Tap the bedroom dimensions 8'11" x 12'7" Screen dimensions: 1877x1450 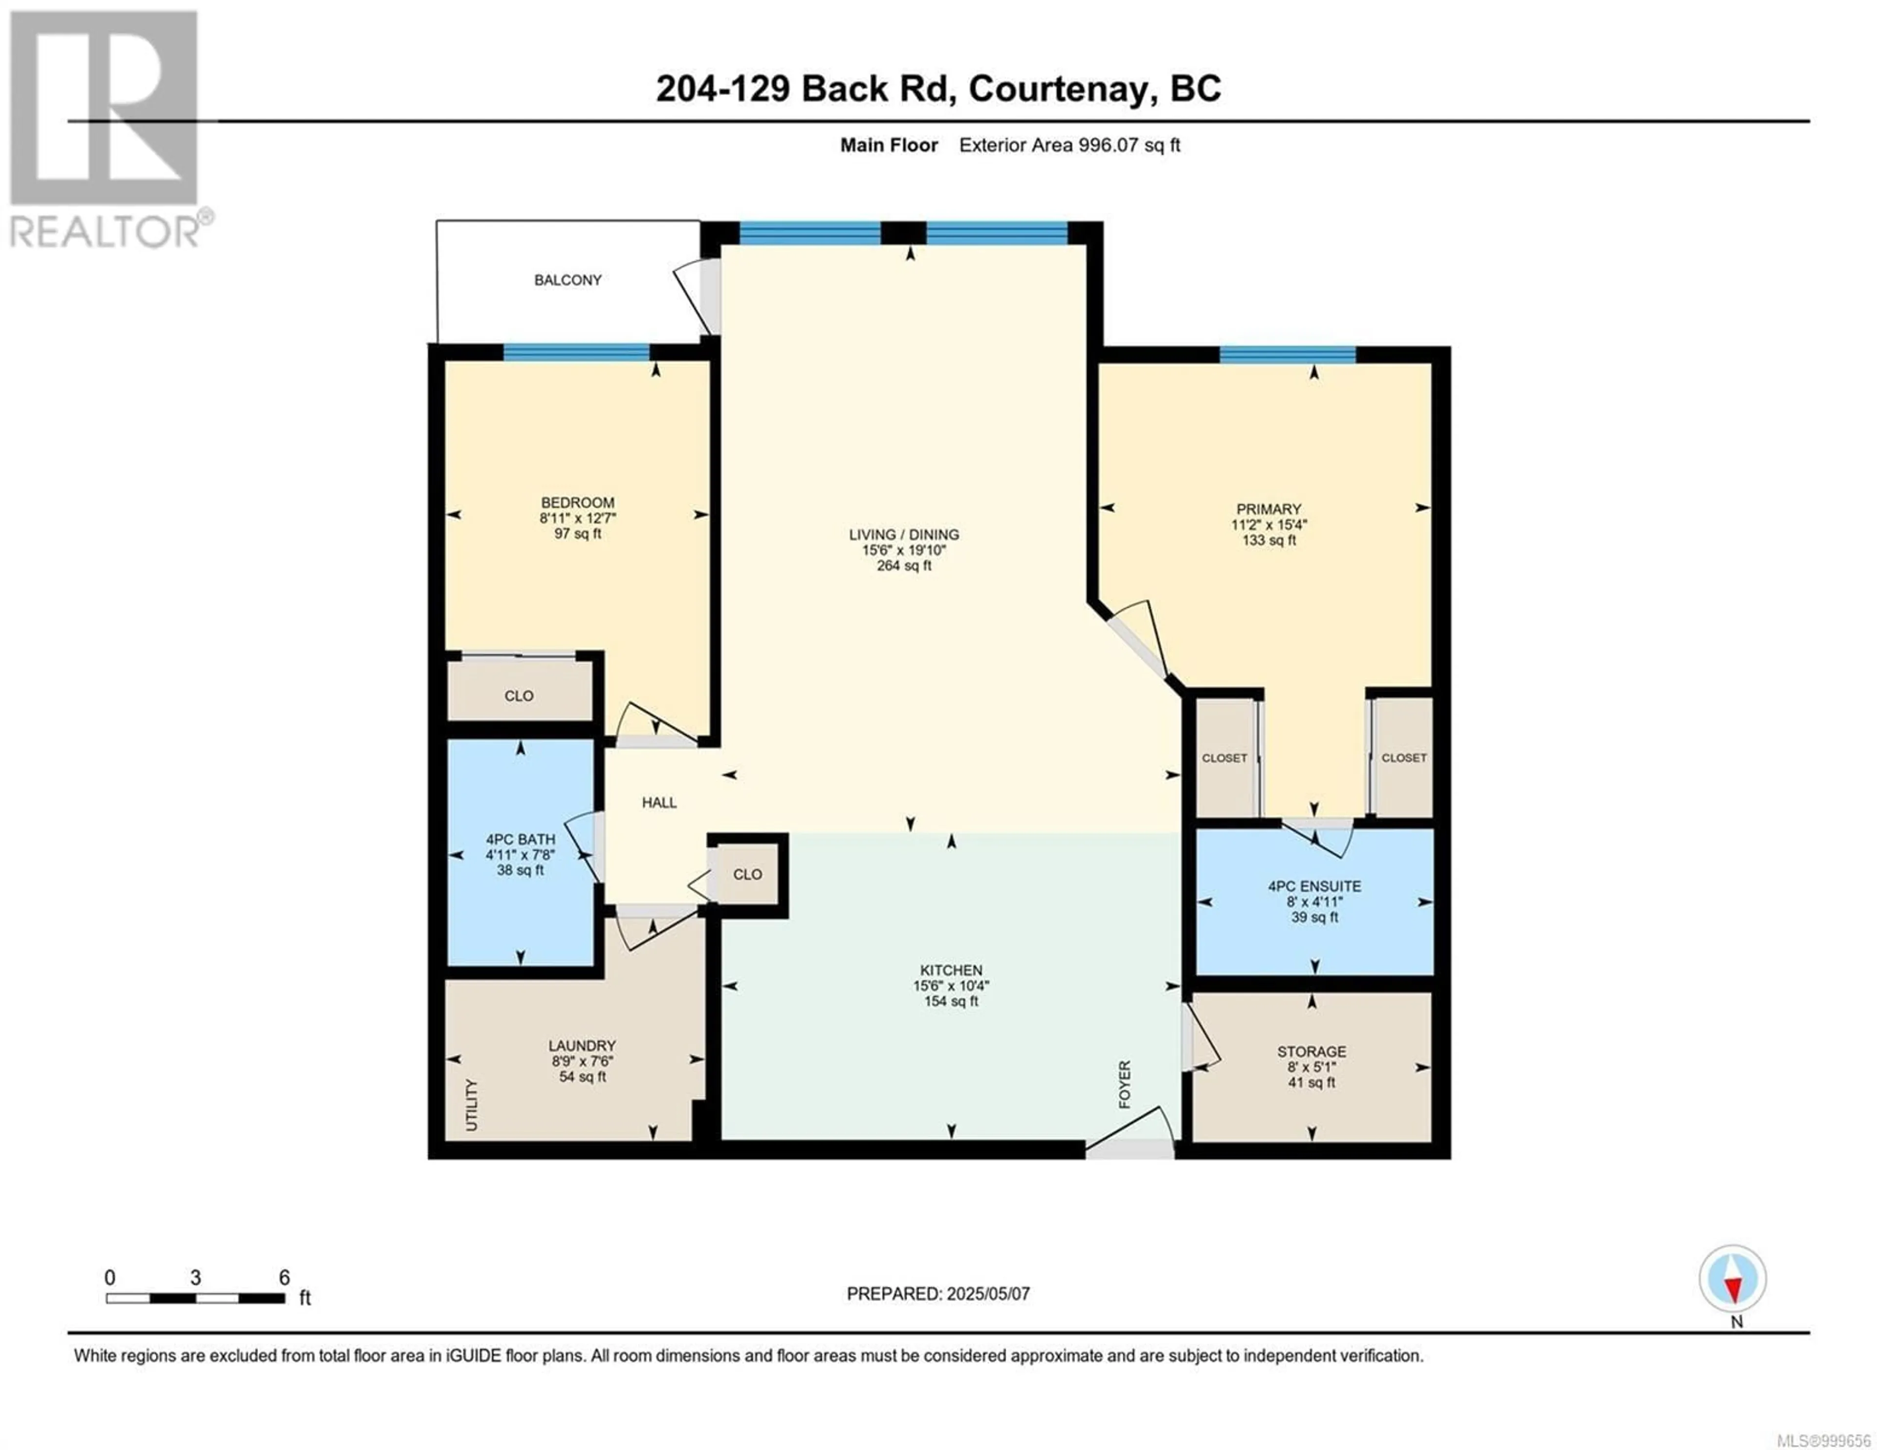pos(578,519)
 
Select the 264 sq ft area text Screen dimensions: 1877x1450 pos(904,565)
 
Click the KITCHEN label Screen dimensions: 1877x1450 pos(951,971)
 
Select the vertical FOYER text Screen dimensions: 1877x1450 pos(1124,1084)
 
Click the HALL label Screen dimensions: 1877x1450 pos(659,803)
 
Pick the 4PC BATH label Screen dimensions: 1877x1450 pos(520,840)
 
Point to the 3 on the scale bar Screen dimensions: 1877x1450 pos(196,1278)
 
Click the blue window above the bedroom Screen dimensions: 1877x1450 pos(576,351)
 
